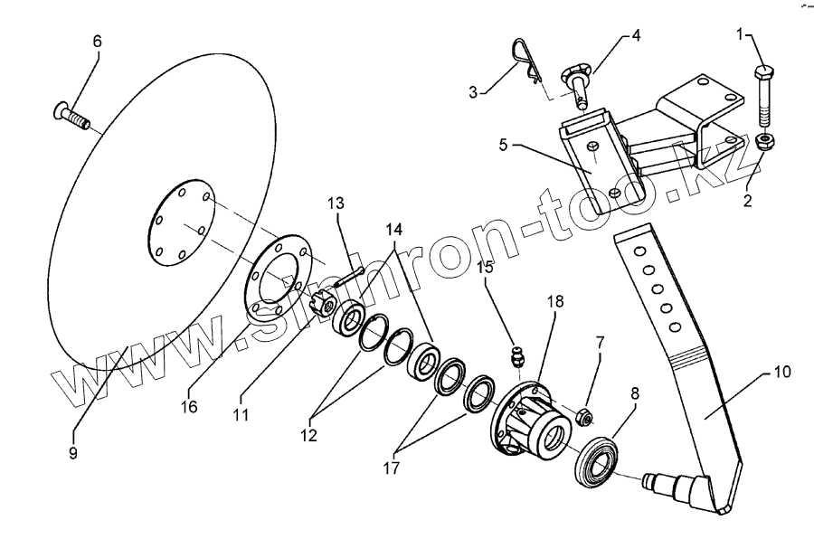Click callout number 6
point(97,42)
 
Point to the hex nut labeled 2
point(763,142)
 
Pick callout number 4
point(636,36)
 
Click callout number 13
point(336,203)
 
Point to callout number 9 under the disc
point(73,452)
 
